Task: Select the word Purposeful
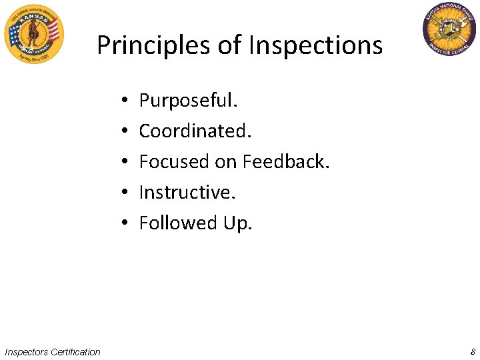coord(188,101)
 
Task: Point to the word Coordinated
coord(195,131)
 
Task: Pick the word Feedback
coord(286,162)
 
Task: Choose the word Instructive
coord(187,193)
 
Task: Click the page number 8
coord(472,351)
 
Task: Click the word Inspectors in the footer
coord(26,351)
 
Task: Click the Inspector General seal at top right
coord(449,29)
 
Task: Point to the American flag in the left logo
coord(52,29)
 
